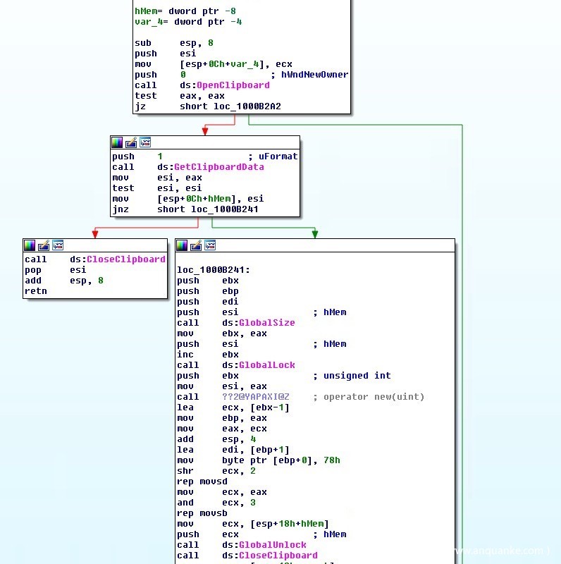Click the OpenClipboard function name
coord(233,85)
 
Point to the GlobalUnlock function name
coord(273,545)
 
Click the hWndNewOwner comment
coord(314,75)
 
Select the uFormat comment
coord(278,157)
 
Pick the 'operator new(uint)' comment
coord(374,397)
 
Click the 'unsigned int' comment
coord(363,376)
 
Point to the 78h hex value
coord(332,460)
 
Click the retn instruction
coord(36,291)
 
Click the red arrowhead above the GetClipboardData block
coord(205,130)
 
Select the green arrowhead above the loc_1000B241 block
coord(314,234)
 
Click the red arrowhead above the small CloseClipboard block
coord(94,234)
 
